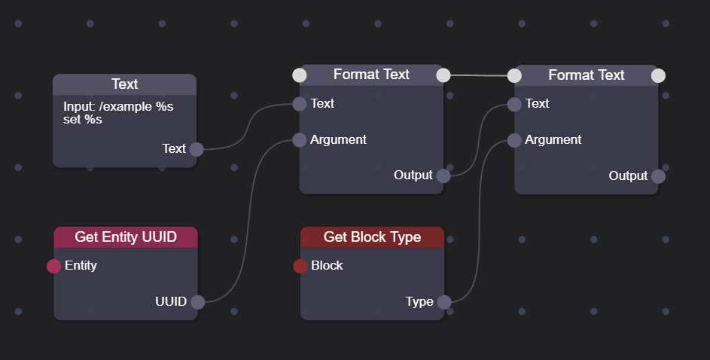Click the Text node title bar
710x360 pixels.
pos(124,84)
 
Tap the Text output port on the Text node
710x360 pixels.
pos(197,149)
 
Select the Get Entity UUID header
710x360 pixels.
pos(126,237)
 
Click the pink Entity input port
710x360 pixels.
pos(54,266)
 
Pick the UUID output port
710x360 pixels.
pos(197,302)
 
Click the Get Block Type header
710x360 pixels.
pos(372,237)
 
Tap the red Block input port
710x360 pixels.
pos(300,266)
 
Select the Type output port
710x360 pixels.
pos(443,302)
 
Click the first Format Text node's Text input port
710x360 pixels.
pos(300,104)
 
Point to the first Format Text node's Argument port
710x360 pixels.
pos(300,140)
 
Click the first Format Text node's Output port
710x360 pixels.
pos(443,176)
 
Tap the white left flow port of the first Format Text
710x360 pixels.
pos(300,75)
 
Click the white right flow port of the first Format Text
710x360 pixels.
pos(443,75)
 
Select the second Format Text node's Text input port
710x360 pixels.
pos(514,104)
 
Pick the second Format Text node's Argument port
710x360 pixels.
pos(514,140)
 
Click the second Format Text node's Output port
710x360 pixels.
pos(658,176)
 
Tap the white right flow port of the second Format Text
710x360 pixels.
pos(658,75)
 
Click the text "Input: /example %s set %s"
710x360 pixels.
pos(118,113)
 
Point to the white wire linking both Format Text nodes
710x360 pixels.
pos(479,75)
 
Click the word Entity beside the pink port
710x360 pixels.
pos(81,266)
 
